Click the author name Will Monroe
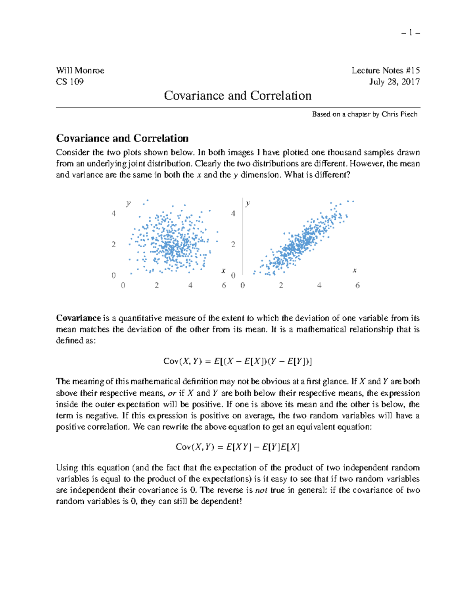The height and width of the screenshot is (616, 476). (80, 71)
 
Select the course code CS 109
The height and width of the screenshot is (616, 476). (70, 82)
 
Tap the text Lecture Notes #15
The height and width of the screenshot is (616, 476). (385, 71)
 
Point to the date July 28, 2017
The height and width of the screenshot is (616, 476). (394, 82)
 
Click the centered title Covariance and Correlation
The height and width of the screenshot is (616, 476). (238, 96)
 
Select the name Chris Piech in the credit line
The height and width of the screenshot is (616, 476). (399, 114)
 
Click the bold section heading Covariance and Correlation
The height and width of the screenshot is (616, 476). (122, 138)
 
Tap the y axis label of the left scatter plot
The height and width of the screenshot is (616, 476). (128, 203)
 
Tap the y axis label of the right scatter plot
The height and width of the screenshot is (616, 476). (248, 203)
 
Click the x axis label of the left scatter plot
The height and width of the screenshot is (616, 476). (223, 271)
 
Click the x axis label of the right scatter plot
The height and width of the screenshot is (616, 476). (355, 271)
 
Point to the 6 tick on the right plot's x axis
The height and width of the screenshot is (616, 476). (357, 286)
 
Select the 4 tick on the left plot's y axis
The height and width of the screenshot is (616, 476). (114, 214)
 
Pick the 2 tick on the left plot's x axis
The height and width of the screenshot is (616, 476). (157, 286)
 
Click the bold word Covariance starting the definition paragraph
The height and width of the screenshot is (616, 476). (79, 318)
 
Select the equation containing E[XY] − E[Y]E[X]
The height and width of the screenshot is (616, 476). (238, 447)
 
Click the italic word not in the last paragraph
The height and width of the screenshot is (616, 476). (261, 490)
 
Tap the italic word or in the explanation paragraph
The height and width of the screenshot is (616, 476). (172, 393)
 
